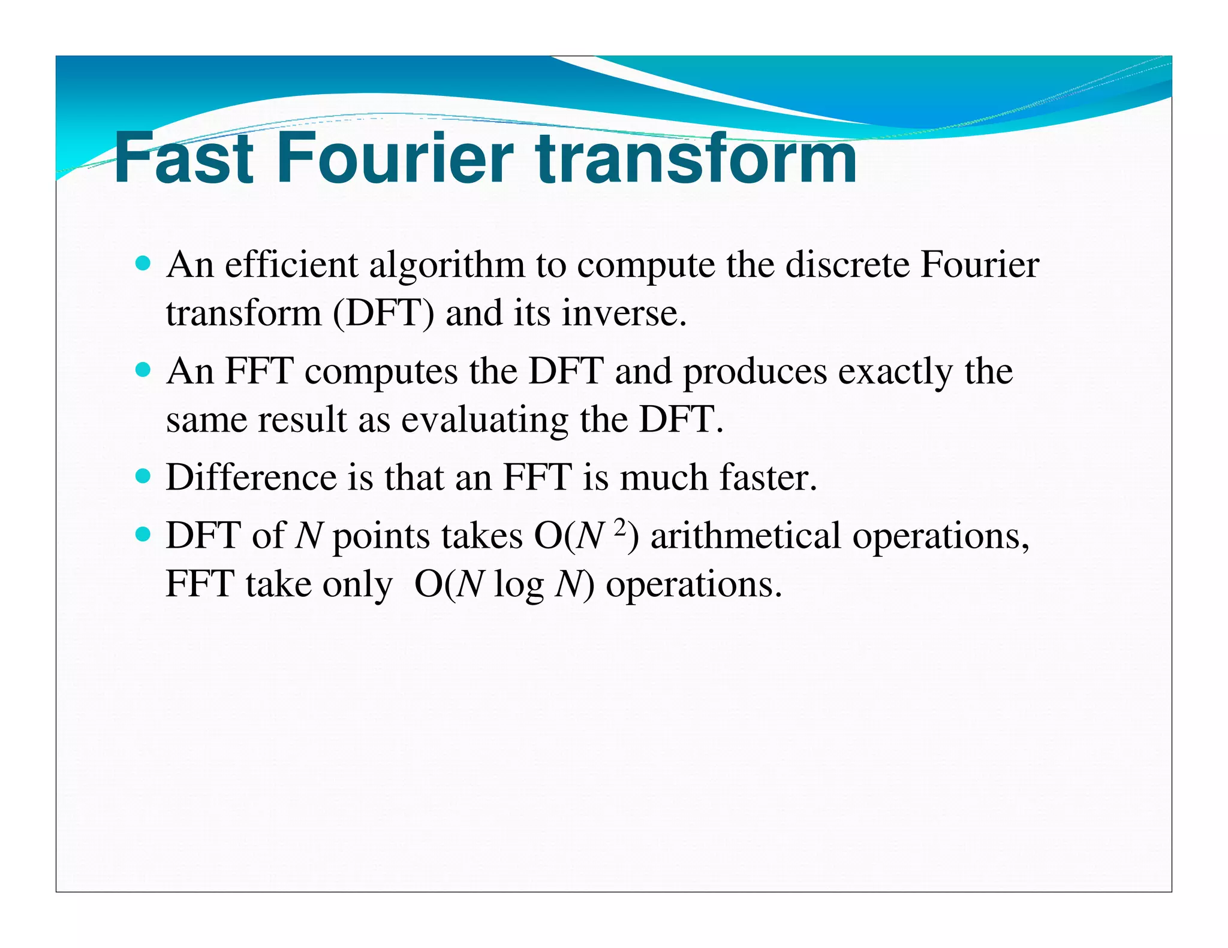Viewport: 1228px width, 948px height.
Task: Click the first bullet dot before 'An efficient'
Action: (143, 263)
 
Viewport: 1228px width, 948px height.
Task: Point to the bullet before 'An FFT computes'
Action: (143, 370)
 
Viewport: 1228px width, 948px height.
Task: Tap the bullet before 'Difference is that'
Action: (143, 476)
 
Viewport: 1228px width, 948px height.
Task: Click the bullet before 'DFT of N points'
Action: (143, 534)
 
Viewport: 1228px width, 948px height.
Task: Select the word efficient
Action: (291, 264)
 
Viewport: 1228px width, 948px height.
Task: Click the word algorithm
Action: (447, 265)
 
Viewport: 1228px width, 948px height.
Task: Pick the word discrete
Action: (847, 264)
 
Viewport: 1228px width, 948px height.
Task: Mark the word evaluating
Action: (484, 420)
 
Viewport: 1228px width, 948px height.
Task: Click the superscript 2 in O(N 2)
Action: (620, 527)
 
